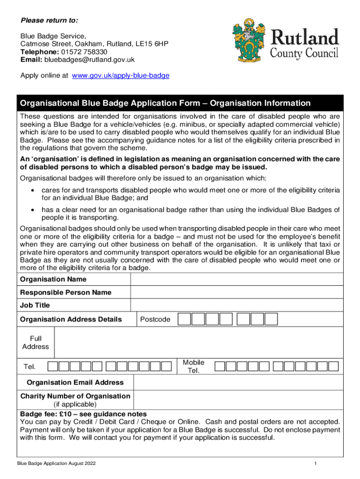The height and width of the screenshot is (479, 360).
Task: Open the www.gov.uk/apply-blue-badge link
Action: (x=121, y=75)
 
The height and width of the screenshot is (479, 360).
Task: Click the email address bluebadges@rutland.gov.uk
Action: (x=89, y=59)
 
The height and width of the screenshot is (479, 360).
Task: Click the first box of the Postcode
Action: (x=185, y=319)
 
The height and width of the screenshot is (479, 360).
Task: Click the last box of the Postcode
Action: (x=271, y=319)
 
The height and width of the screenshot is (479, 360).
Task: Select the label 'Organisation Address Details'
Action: (x=71, y=319)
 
